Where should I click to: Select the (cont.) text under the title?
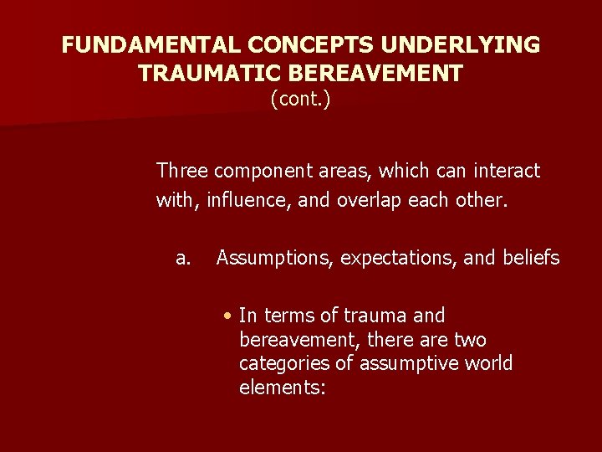[x=300, y=100]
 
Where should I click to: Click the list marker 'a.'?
[x=183, y=259]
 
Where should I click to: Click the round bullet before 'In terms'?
[x=227, y=316]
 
